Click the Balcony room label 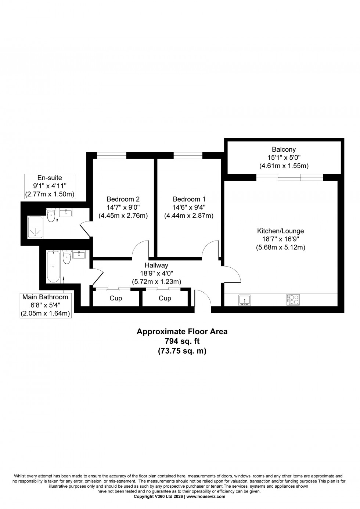point(284,149)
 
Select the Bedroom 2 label point(123,199)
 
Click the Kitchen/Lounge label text point(280,231)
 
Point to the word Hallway point(156,265)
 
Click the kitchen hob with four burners point(293,300)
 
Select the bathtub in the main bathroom point(53,267)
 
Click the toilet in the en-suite point(51,216)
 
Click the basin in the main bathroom point(79,254)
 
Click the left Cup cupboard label point(116,298)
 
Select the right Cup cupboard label point(165,298)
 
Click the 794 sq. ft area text point(182,341)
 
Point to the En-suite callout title point(50,178)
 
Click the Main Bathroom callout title point(45,297)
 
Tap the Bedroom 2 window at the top point(109,156)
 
